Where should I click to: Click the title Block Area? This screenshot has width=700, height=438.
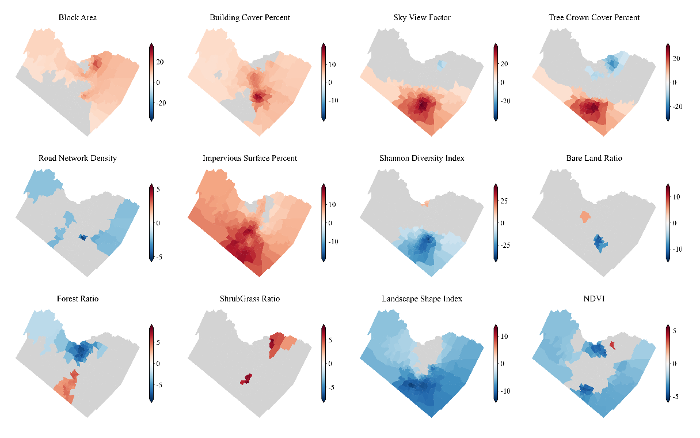[x=78, y=17]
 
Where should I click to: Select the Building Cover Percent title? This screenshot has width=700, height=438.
[x=249, y=17]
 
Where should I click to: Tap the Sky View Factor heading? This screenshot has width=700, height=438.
[x=422, y=17]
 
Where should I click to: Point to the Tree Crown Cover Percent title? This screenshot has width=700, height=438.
[x=594, y=17]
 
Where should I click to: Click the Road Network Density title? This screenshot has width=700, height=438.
[x=78, y=158]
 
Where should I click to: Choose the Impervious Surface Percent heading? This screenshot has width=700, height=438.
[x=249, y=158]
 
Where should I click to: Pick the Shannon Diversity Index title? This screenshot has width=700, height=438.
[x=422, y=158]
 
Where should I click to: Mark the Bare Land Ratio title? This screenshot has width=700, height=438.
[x=594, y=158]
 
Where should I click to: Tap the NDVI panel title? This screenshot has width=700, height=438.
[x=594, y=299]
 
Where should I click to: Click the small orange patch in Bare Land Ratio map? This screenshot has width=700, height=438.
[x=585, y=217]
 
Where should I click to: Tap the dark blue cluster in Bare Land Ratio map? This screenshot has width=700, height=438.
[x=601, y=242]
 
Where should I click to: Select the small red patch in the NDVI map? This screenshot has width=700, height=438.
[x=612, y=345]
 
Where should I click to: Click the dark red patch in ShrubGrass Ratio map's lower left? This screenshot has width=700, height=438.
[x=246, y=379]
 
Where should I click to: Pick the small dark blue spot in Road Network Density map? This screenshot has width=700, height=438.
[x=82, y=237]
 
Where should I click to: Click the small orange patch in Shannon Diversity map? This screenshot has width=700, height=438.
[x=426, y=203]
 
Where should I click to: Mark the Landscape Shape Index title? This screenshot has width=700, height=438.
[x=422, y=299]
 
